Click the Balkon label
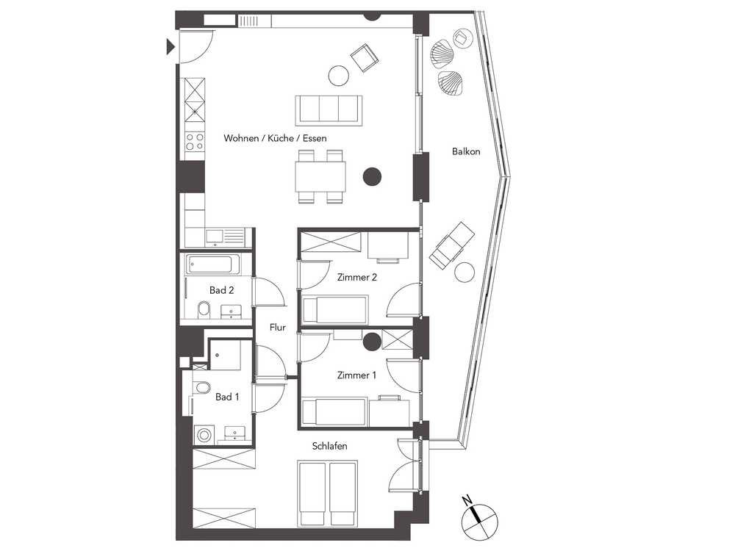tap(466, 151)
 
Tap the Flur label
tap(278, 327)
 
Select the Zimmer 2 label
tap(356, 277)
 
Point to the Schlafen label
tap(329, 446)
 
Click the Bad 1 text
tap(227, 397)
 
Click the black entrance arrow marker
tap(171, 47)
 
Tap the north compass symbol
tap(478, 519)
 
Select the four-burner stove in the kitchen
tap(195, 142)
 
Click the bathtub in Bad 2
tap(213, 264)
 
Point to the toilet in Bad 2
tap(204, 309)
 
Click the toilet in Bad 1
tap(201, 387)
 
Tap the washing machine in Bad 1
tap(204, 435)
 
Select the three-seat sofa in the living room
tap(329, 110)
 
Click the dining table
tap(320, 176)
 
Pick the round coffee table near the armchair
tap(338, 75)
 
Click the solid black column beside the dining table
tap(372, 176)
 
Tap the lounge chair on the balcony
tap(452, 245)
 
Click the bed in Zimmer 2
tap(335, 309)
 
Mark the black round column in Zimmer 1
tap(372, 341)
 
